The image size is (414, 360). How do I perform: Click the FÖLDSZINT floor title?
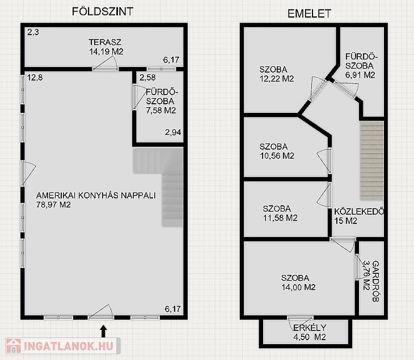pos(103,11)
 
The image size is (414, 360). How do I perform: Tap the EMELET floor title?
pos(309,14)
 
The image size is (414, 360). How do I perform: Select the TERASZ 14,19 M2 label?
pos(106,46)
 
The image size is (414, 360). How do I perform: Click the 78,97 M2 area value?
pos(53,205)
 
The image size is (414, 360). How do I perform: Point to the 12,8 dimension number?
pos(35,78)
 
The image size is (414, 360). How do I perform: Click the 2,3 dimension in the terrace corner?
pos(33,32)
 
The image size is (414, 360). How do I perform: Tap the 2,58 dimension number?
pos(147,78)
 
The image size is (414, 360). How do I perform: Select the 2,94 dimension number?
pos(173,132)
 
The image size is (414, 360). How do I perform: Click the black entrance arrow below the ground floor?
pos(103,331)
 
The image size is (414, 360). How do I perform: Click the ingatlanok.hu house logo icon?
pos(14,346)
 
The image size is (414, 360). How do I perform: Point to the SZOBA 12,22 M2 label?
pos(277,74)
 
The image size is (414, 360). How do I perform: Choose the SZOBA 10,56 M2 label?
pos(277,151)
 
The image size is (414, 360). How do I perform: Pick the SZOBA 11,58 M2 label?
pos(280,213)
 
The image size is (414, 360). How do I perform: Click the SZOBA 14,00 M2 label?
pos(298,282)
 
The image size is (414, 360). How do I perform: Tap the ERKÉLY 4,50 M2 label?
pos(310,332)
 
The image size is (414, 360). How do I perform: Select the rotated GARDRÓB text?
pos(375,281)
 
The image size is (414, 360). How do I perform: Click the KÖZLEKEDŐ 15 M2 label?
pos(359,216)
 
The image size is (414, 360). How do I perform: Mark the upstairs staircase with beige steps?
pos(372,160)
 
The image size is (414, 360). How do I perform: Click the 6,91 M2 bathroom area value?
pos(360,75)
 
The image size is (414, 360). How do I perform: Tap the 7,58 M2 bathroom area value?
pos(161,111)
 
